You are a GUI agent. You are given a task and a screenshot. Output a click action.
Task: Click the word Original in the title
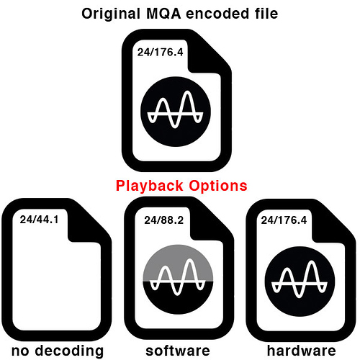point(111,14)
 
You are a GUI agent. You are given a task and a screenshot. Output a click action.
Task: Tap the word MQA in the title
point(163,14)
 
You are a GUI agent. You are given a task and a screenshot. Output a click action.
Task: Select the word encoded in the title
point(217,14)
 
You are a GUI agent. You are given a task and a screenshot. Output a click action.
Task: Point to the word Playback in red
point(149,186)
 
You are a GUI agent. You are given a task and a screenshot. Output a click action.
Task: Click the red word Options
point(218,186)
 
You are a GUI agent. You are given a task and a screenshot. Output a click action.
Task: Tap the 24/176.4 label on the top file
point(160,52)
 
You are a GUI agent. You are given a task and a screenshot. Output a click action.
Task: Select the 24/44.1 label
point(39,220)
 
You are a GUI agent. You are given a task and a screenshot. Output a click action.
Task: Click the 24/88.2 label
point(163,220)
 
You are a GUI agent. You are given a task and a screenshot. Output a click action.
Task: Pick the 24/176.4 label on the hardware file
point(284,220)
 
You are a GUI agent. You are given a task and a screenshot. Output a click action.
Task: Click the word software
point(178,351)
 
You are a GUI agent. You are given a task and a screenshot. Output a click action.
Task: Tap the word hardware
point(302,351)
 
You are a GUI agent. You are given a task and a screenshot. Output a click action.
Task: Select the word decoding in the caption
point(69,351)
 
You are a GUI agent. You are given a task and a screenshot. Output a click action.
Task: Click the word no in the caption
point(20,351)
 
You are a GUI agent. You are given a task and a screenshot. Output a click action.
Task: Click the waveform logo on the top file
point(176,112)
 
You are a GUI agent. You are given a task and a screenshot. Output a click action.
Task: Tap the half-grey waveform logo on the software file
point(178,279)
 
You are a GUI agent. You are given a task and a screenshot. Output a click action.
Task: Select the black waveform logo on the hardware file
point(300,282)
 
